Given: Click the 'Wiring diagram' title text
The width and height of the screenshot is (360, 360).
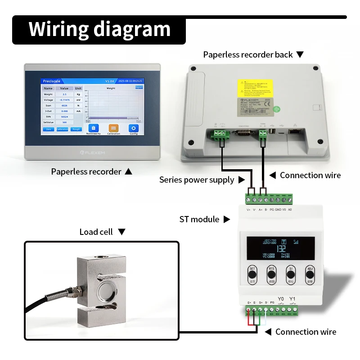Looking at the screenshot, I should (x=99, y=29).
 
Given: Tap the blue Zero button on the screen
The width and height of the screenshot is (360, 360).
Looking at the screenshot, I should (x=49, y=129).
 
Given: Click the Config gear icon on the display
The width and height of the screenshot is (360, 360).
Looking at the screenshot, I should (x=134, y=128).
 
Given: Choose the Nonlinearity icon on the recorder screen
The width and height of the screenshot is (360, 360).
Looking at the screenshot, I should (x=93, y=128).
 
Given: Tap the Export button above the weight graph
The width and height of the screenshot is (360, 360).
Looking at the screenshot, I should (x=139, y=87).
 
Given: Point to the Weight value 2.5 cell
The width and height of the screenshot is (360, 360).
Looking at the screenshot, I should (x=64, y=94).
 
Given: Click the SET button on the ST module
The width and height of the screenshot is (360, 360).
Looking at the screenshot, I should (x=252, y=274).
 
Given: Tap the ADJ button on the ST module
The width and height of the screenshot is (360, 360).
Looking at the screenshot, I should (x=310, y=274).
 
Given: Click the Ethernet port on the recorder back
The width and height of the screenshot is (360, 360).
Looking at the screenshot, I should (x=296, y=131).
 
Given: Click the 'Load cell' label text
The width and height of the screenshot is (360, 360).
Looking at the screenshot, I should (x=96, y=232).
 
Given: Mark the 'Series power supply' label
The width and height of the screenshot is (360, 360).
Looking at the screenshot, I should (x=197, y=180).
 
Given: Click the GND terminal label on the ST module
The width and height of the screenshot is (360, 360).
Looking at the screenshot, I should (x=278, y=210).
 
